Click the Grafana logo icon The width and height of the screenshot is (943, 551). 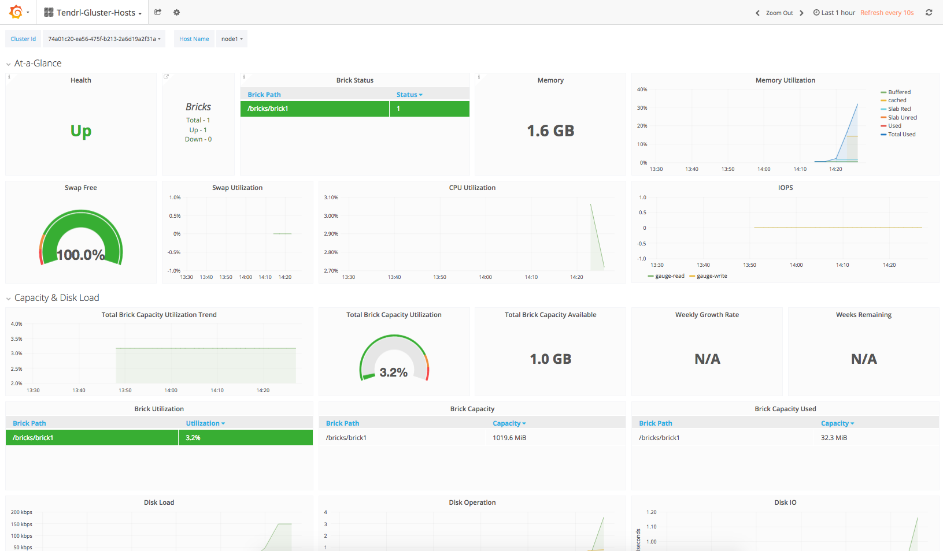[16, 12]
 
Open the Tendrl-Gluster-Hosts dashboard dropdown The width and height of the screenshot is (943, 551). [93, 13]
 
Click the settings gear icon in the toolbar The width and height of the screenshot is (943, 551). [176, 12]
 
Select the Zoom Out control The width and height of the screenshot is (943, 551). [779, 13]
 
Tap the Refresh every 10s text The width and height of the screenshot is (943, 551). [886, 13]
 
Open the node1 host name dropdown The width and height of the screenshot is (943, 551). [231, 39]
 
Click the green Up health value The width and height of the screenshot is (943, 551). [81, 131]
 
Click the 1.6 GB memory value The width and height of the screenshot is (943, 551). [550, 131]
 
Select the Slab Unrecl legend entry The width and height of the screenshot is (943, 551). [902, 118]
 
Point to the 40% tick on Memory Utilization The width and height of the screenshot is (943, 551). [642, 90]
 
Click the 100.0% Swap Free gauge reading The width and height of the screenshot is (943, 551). [81, 255]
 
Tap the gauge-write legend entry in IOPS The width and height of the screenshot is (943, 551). [711, 276]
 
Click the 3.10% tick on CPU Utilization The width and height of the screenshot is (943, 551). [331, 198]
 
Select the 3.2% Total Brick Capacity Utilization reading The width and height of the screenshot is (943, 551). [394, 373]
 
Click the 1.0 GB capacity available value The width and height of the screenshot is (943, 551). [550, 359]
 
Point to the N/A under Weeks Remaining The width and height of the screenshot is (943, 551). [864, 359]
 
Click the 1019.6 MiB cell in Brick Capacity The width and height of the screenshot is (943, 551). [509, 438]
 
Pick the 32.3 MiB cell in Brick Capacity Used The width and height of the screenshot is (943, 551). [834, 438]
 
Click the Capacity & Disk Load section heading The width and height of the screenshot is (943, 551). [57, 298]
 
